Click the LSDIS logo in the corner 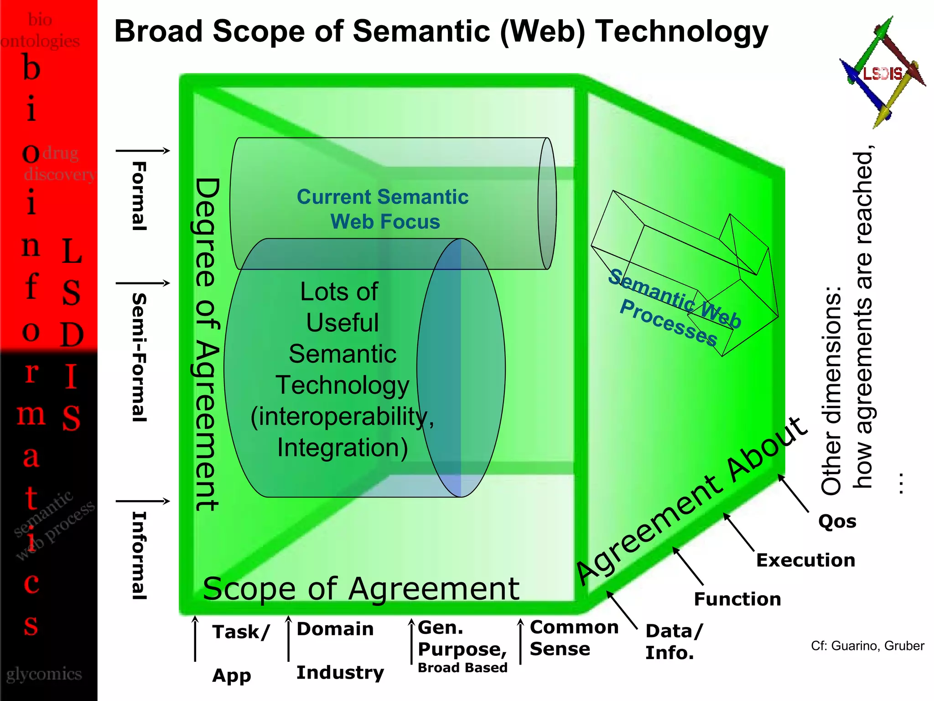pyautogui.click(x=882, y=73)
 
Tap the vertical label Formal pyautogui.click(x=139, y=196)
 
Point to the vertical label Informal pyautogui.click(x=139, y=555)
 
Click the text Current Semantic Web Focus pyautogui.click(x=383, y=209)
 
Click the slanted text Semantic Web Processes pyautogui.click(x=673, y=308)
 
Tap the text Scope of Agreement pyautogui.click(x=361, y=589)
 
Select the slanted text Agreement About pyautogui.click(x=691, y=502)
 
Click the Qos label pyautogui.click(x=837, y=521)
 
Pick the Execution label pyautogui.click(x=805, y=560)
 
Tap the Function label pyautogui.click(x=737, y=599)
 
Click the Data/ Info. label pyautogui.click(x=674, y=642)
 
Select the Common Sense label pyautogui.click(x=574, y=638)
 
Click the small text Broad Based pyautogui.click(x=462, y=668)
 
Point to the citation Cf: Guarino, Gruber pyautogui.click(x=867, y=646)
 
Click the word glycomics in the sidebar pyautogui.click(x=44, y=674)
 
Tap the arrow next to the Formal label pyautogui.click(x=143, y=151)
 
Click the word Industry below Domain pyautogui.click(x=340, y=672)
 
